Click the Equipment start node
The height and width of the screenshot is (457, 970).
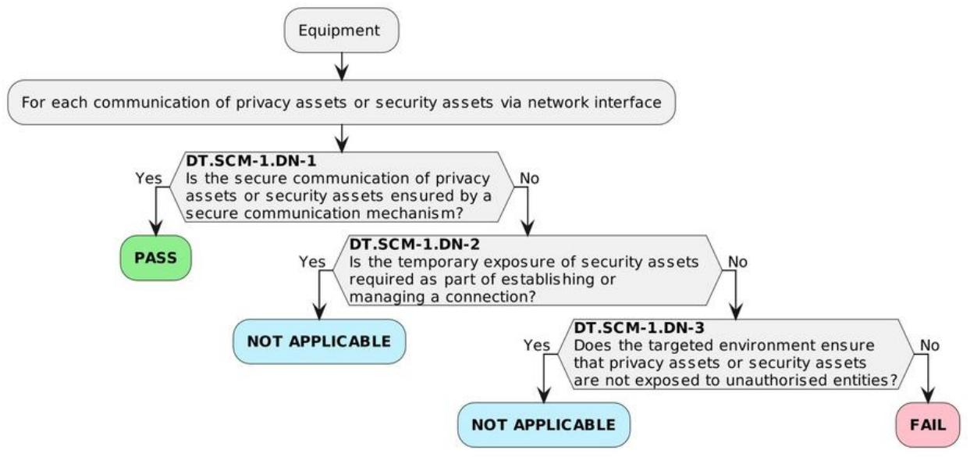click(x=341, y=30)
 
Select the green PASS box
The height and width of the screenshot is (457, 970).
click(x=156, y=258)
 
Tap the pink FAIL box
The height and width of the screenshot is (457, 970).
click(x=928, y=425)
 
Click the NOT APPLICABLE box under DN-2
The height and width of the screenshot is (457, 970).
click(x=319, y=341)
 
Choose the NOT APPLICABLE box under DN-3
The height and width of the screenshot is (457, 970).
click(x=544, y=425)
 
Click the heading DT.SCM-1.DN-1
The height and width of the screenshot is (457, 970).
click(x=251, y=161)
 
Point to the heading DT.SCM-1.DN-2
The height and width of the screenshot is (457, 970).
click(x=414, y=244)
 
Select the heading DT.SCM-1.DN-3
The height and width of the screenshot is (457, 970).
click(x=639, y=328)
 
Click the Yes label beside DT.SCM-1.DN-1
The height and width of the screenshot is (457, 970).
click(x=148, y=178)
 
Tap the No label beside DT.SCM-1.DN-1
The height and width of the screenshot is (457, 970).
click(x=529, y=178)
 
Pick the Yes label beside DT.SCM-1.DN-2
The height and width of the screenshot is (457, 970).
click(x=312, y=262)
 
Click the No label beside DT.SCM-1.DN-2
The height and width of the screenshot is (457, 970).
click(x=737, y=262)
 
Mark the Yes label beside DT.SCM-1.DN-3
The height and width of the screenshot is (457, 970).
click(x=537, y=345)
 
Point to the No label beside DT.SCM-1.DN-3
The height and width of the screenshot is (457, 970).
click(x=929, y=345)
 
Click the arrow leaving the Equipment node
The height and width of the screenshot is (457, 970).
click(x=342, y=66)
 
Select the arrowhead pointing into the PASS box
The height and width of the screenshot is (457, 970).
click(x=156, y=228)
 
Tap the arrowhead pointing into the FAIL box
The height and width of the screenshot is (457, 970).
click(x=928, y=395)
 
